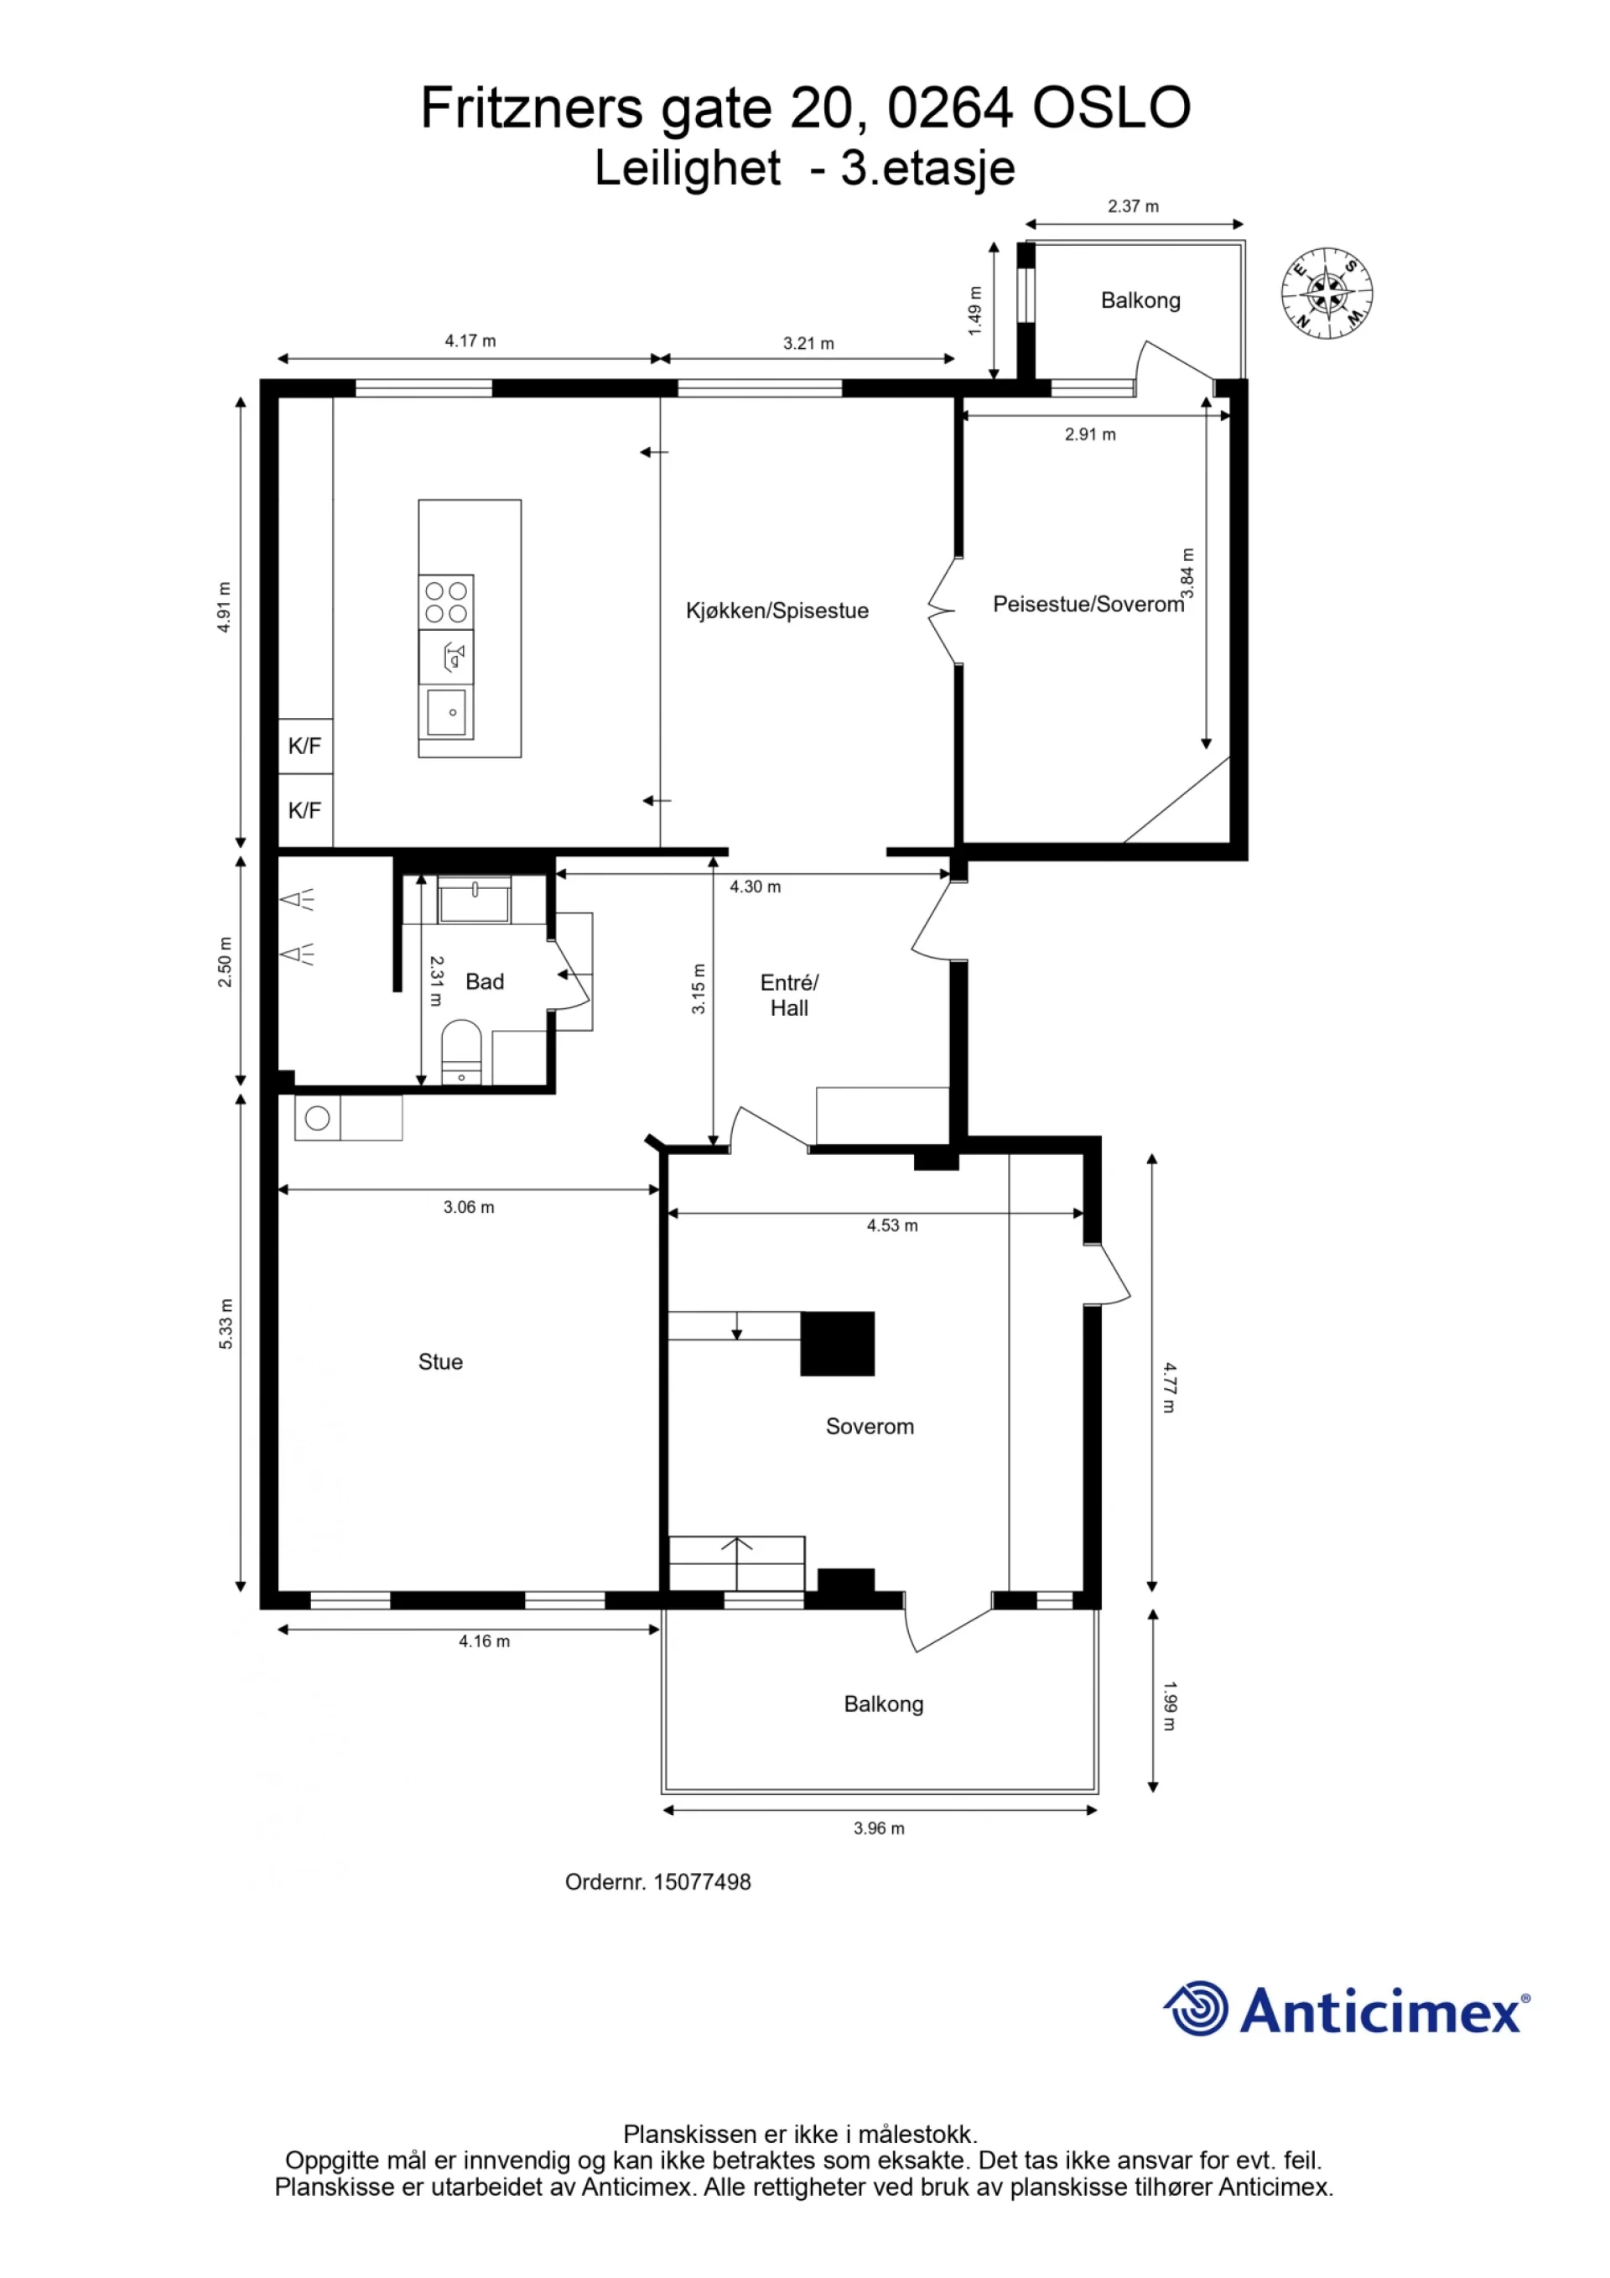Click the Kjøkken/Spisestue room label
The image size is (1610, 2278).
coord(776,611)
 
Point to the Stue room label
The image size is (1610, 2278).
coord(440,1361)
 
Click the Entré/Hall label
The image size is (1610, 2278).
coord(790,995)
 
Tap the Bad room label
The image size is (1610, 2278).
coord(484,981)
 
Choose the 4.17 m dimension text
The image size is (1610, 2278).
coord(470,341)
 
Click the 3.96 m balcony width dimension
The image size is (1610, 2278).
coord(879,1828)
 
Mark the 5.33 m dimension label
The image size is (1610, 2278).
coord(226,1324)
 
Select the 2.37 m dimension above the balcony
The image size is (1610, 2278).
coord(1133,206)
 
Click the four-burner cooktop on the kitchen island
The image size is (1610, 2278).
coord(445,602)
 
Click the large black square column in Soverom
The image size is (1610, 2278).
coord(837,1344)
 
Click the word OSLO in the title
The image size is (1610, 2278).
coord(1111,107)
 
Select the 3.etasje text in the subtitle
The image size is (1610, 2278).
coord(927,169)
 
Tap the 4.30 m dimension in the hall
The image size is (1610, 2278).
coord(755,887)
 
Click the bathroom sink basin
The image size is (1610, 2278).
coord(474,900)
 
